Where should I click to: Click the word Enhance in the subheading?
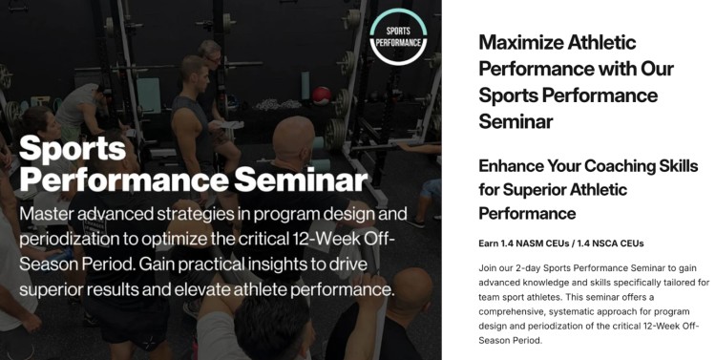pos(516,165)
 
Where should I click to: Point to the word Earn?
pos(491,243)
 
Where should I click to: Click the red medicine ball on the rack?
pos(322,95)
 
